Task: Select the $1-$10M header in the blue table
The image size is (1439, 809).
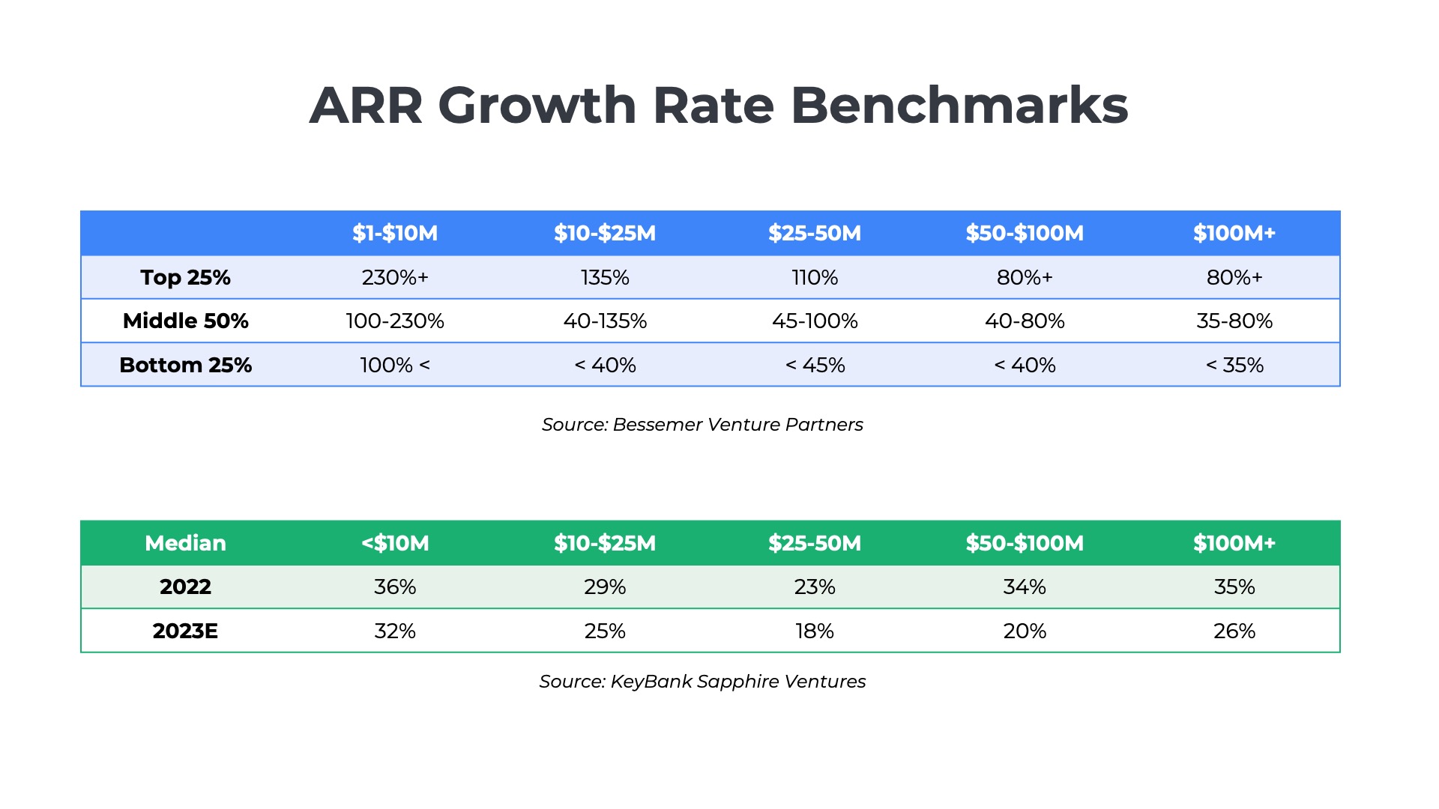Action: tap(395, 233)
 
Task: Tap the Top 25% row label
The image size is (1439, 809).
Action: tap(185, 277)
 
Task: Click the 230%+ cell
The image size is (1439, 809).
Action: tap(395, 277)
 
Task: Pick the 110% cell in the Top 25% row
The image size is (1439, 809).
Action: tap(815, 277)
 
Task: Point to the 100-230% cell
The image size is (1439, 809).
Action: tap(395, 321)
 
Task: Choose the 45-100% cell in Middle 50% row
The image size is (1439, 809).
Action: tap(815, 321)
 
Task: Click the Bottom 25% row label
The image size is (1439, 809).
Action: tap(185, 365)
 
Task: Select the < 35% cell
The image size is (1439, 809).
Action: tap(1234, 365)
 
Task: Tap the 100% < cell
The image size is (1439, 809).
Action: tap(395, 365)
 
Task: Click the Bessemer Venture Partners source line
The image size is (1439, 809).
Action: tap(702, 425)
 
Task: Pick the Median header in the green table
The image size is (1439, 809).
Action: tap(185, 543)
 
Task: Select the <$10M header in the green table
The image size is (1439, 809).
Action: tap(395, 543)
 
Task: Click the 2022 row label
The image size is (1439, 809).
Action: tap(185, 587)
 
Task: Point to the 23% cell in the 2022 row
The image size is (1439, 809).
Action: tap(815, 587)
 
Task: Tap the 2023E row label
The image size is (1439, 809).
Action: tap(185, 631)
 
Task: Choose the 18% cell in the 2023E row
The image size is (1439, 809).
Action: tap(815, 631)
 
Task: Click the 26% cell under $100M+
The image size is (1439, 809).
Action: tap(1234, 631)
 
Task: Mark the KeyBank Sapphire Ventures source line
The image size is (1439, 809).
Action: tap(702, 682)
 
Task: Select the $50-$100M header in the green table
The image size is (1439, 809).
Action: tap(1025, 543)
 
